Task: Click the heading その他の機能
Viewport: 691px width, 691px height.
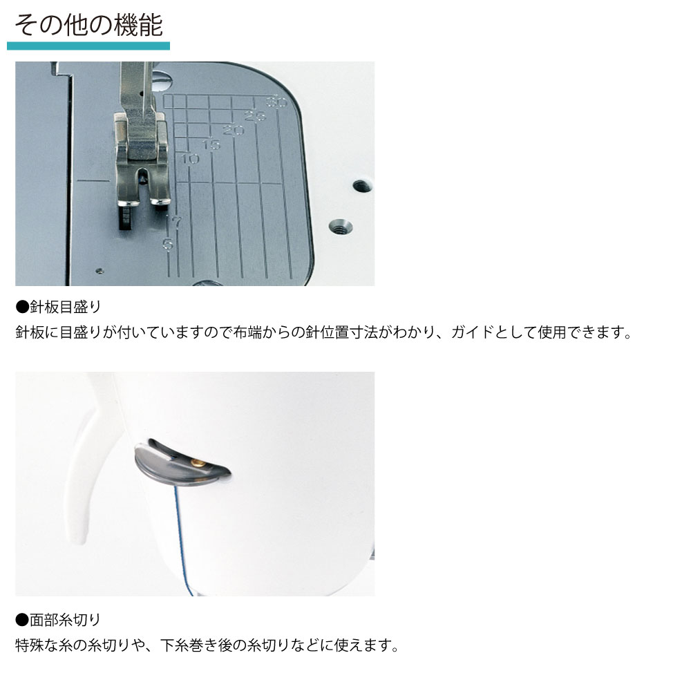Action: coord(89,25)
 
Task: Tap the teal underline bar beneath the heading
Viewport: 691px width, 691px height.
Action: coord(88,46)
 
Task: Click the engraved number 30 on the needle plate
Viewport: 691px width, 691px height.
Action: coord(276,103)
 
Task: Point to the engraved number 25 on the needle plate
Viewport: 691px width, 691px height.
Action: coord(255,116)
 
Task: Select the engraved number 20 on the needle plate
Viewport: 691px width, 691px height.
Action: coord(233,131)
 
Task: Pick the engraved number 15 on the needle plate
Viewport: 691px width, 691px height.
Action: coord(211,144)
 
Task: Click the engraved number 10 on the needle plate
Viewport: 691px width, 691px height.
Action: coord(190,159)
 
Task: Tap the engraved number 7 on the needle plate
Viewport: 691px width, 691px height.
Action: coord(177,223)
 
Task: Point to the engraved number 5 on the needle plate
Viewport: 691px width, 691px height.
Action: coord(168,244)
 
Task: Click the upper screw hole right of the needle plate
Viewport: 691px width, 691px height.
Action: coord(362,185)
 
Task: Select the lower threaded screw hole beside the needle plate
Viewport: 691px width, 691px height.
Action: coord(341,227)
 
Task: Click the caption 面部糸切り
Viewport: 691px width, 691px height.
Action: coord(58,620)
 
